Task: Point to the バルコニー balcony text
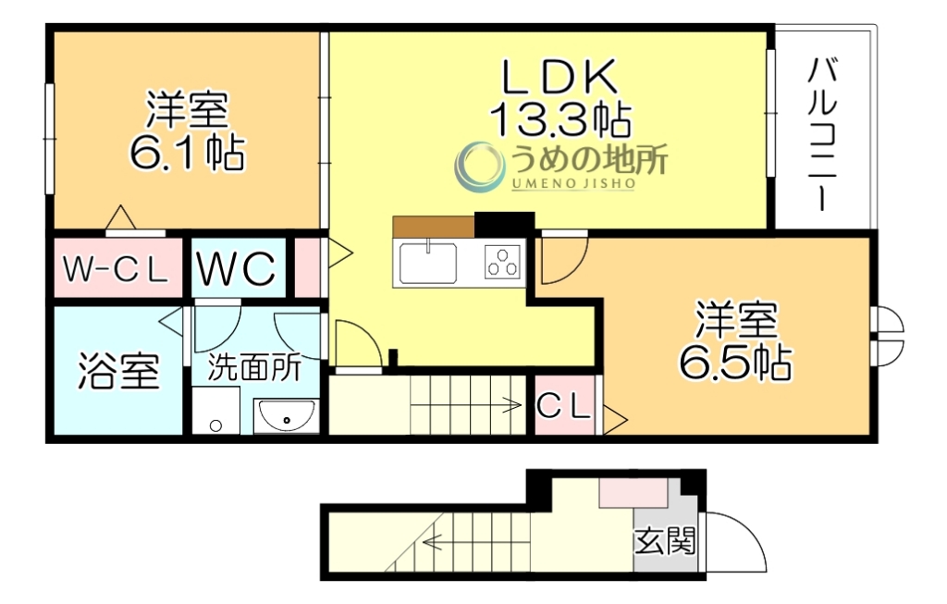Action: coord(822,135)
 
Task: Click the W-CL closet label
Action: coord(116,270)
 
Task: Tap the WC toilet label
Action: coord(236,269)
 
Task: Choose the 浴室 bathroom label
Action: coord(118,370)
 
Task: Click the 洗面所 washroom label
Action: coord(253,368)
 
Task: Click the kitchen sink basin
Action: coord(428,262)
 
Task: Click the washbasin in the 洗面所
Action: coord(287,417)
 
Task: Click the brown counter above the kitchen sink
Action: coord(434,228)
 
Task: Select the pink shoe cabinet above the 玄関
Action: coord(633,493)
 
